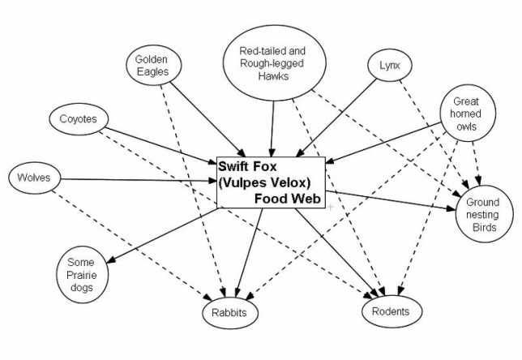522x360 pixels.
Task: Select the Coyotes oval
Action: [79, 120]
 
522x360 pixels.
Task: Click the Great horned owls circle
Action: [465, 114]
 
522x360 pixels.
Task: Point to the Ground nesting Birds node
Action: [483, 215]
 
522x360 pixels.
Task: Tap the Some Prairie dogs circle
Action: [81, 274]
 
